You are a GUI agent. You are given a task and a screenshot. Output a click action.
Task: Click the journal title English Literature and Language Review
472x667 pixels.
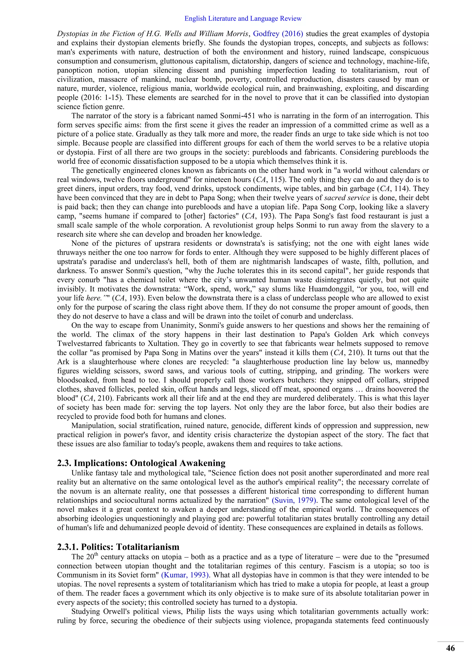pyautogui.click(x=243, y=19)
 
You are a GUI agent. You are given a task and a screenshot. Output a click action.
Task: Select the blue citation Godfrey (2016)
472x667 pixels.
pyautogui.click(x=278, y=34)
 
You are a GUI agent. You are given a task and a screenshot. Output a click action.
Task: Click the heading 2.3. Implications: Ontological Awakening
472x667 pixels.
pyautogui.click(x=141, y=463)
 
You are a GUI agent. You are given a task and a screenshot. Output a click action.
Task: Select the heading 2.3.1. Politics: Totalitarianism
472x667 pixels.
pyautogui.click(x=118, y=547)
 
